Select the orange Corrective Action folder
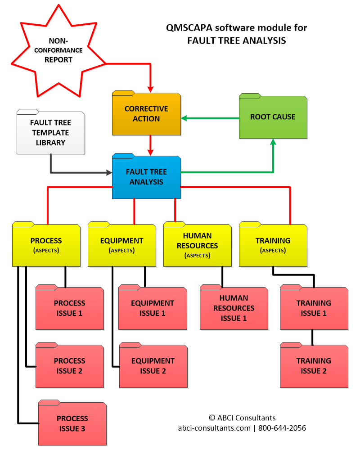pos(146,114)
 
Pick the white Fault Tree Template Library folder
pos(50,133)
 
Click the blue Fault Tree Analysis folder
pos(146,177)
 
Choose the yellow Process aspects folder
pos(46,245)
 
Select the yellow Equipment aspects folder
pos(121,245)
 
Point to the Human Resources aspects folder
pos(197,245)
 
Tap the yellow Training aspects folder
pos(273,245)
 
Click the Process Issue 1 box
pos(69,308)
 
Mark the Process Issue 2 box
pos(69,366)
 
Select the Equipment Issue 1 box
pos(153,308)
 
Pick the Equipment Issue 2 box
pos(153,366)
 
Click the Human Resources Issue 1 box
pos(234,308)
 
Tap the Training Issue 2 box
pos(314,366)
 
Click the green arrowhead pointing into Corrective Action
pos(184,118)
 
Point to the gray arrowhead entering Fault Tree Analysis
pos(109,172)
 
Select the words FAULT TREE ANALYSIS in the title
pos(237,40)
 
